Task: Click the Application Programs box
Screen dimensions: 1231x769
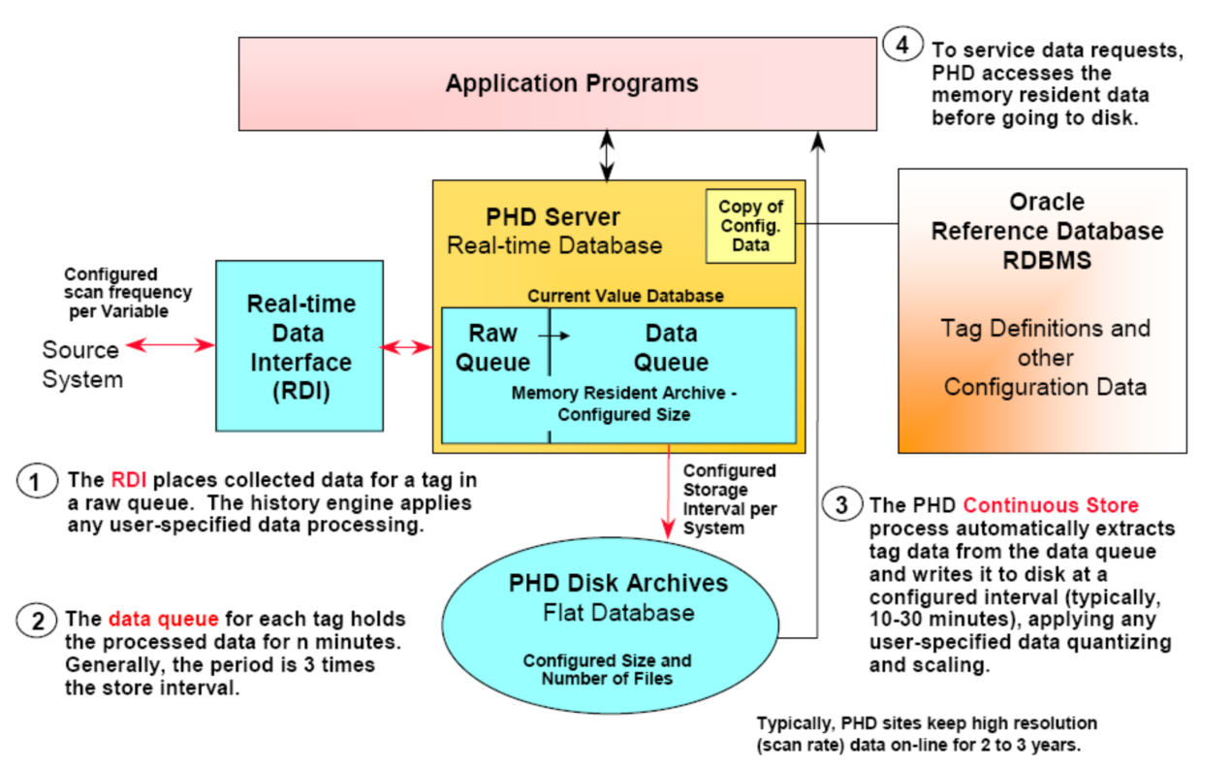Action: (x=557, y=84)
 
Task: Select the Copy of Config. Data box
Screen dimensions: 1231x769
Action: (x=750, y=226)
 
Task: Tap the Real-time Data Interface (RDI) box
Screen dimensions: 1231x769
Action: (x=300, y=346)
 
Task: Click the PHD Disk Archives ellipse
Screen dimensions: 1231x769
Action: (x=611, y=625)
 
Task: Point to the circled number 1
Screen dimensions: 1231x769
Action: (x=37, y=481)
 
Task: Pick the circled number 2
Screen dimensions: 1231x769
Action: (x=37, y=620)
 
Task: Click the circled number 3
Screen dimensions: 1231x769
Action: (x=841, y=504)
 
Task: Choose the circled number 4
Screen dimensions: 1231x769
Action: (x=903, y=44)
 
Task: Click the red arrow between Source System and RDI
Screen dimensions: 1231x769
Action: (x=171, y=345)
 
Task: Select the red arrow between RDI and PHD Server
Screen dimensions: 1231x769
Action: (x=407, y=347)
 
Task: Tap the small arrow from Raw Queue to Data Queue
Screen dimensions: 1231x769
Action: (x=554, y=336)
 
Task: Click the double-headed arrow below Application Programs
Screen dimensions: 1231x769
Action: (x=607, y=155)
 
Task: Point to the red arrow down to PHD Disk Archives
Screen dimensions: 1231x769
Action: (x=668, y=492)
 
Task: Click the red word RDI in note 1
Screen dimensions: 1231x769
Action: (x=129, y=480)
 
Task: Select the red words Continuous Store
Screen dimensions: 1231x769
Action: (x=1051, y=504)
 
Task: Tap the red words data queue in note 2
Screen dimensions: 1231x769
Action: (x=163, y=619)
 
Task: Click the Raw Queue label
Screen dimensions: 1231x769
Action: (x=493, y=347)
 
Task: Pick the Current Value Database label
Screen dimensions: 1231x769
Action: (x=625, y=296)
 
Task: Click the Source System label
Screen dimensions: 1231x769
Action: (x=82, y=365)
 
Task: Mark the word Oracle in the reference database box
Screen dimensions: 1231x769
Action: (x=1047, y=202)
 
